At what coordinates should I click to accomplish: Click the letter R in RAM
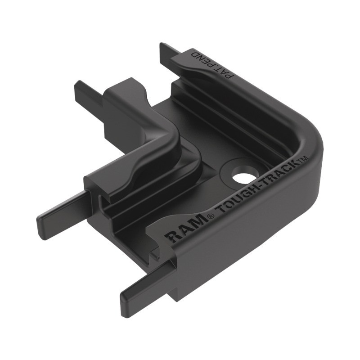pyautogui.click(x=172, y=237)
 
